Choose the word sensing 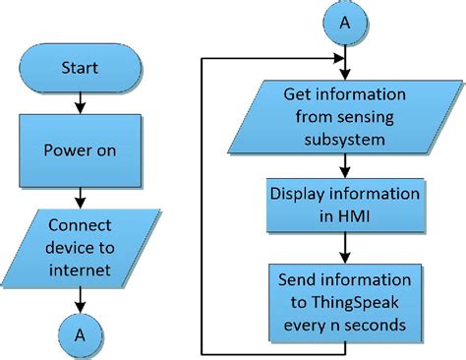(x=372, y=118)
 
